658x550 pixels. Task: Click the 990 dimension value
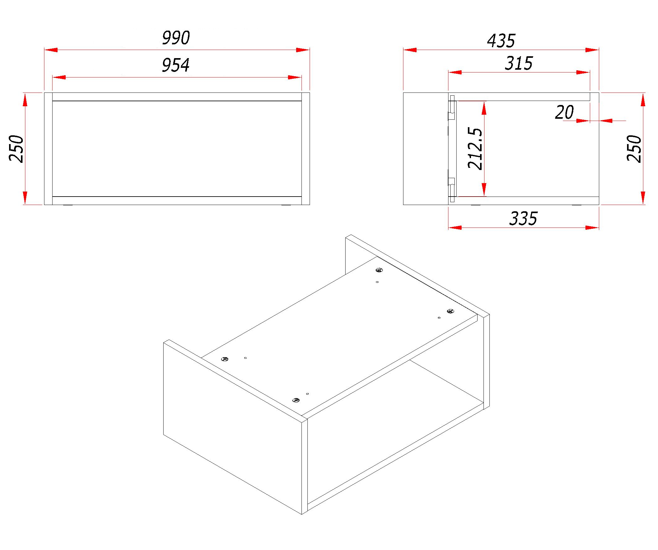[x=176, y=38]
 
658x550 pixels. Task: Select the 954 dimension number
[x=176, y=65]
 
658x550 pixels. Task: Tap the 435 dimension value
[x=501, y=41]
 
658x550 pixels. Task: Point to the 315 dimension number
[x=519, y=63]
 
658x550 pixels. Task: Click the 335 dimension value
[x=523, y=218]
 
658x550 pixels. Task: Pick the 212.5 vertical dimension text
[x=475, y=148]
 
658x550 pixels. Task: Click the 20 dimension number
[x=564, y=112]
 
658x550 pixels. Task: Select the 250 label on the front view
[x=16, y=149]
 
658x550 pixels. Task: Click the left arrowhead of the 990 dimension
[x=51, y=50]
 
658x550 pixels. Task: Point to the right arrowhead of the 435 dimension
[x=592, y=50]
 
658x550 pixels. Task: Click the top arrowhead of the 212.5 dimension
[x=484, y=108]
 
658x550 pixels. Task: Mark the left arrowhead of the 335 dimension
[x=455, y=227]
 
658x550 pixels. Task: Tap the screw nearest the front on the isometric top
[x=296, y=400]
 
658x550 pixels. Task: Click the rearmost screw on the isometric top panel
[x=379, y=270]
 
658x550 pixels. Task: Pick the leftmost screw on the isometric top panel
[x=225, y=359]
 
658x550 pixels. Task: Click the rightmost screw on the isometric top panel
[x=450, y=311]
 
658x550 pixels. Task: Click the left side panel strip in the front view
[x=48, y=149]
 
